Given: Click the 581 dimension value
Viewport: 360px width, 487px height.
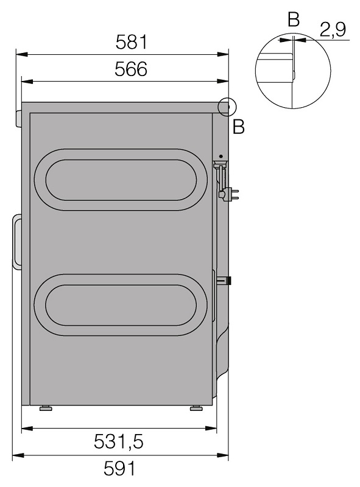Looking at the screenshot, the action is pos(131,42).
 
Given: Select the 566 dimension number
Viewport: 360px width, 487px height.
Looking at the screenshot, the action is pos(131,69).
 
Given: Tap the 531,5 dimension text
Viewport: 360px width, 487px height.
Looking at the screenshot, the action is pos(118,442).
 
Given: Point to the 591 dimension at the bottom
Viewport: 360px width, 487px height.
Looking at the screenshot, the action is pos(119,469).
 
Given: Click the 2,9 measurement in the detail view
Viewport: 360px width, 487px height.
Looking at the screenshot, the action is pos(333,30).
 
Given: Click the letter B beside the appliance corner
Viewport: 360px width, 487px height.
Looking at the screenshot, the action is pos(238,127).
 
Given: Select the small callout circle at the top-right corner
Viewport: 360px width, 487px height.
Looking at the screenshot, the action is pos(227,107).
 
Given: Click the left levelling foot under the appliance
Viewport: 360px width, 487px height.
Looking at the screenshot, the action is pos(46,408).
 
